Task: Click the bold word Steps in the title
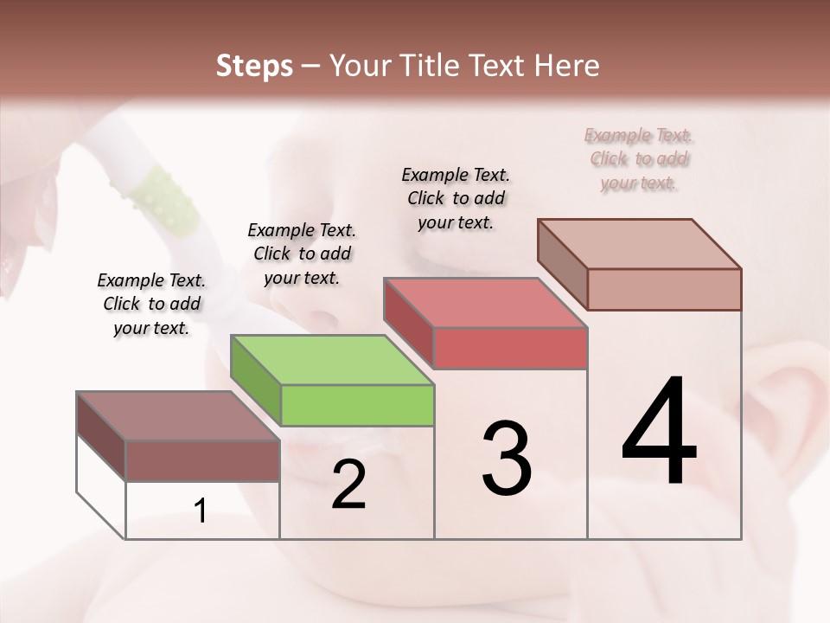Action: [254, 66]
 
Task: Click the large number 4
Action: [659, 433]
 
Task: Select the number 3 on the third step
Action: [507, 459]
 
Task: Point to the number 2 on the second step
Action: [348, 485]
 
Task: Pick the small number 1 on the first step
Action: [201, 511]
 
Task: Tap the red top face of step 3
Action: [485, 303]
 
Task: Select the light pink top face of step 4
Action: [639, 244]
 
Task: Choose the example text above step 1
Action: [151, 304]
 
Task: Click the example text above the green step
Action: [302, 254]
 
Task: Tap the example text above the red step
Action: [456, 198]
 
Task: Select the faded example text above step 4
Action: [639, 158]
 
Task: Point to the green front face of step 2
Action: [357, 405]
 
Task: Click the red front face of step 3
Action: [510, 348]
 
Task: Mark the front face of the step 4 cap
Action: [664, 289]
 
